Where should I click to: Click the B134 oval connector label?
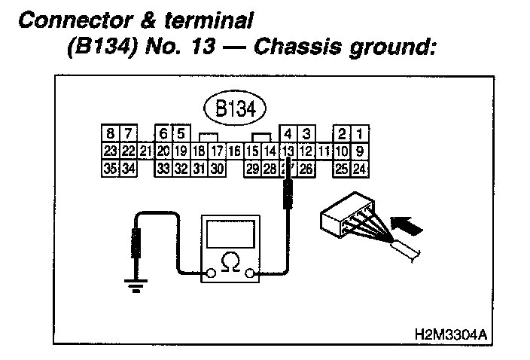[233, 108]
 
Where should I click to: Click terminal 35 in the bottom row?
[108, 168]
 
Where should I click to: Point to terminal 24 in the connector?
[359, 168]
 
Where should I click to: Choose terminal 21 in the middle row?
[145, 151]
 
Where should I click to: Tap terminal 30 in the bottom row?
[217, 168]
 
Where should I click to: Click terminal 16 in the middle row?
[234, 151]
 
